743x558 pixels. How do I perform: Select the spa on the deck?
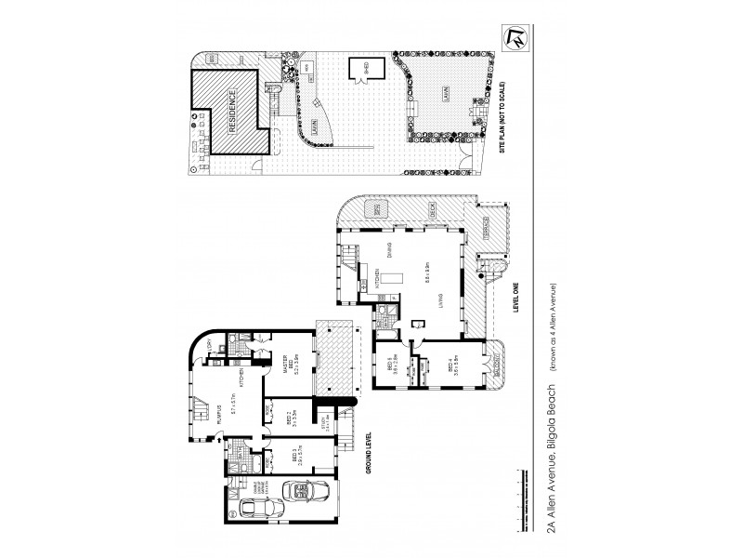click(x=374, y=210)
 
